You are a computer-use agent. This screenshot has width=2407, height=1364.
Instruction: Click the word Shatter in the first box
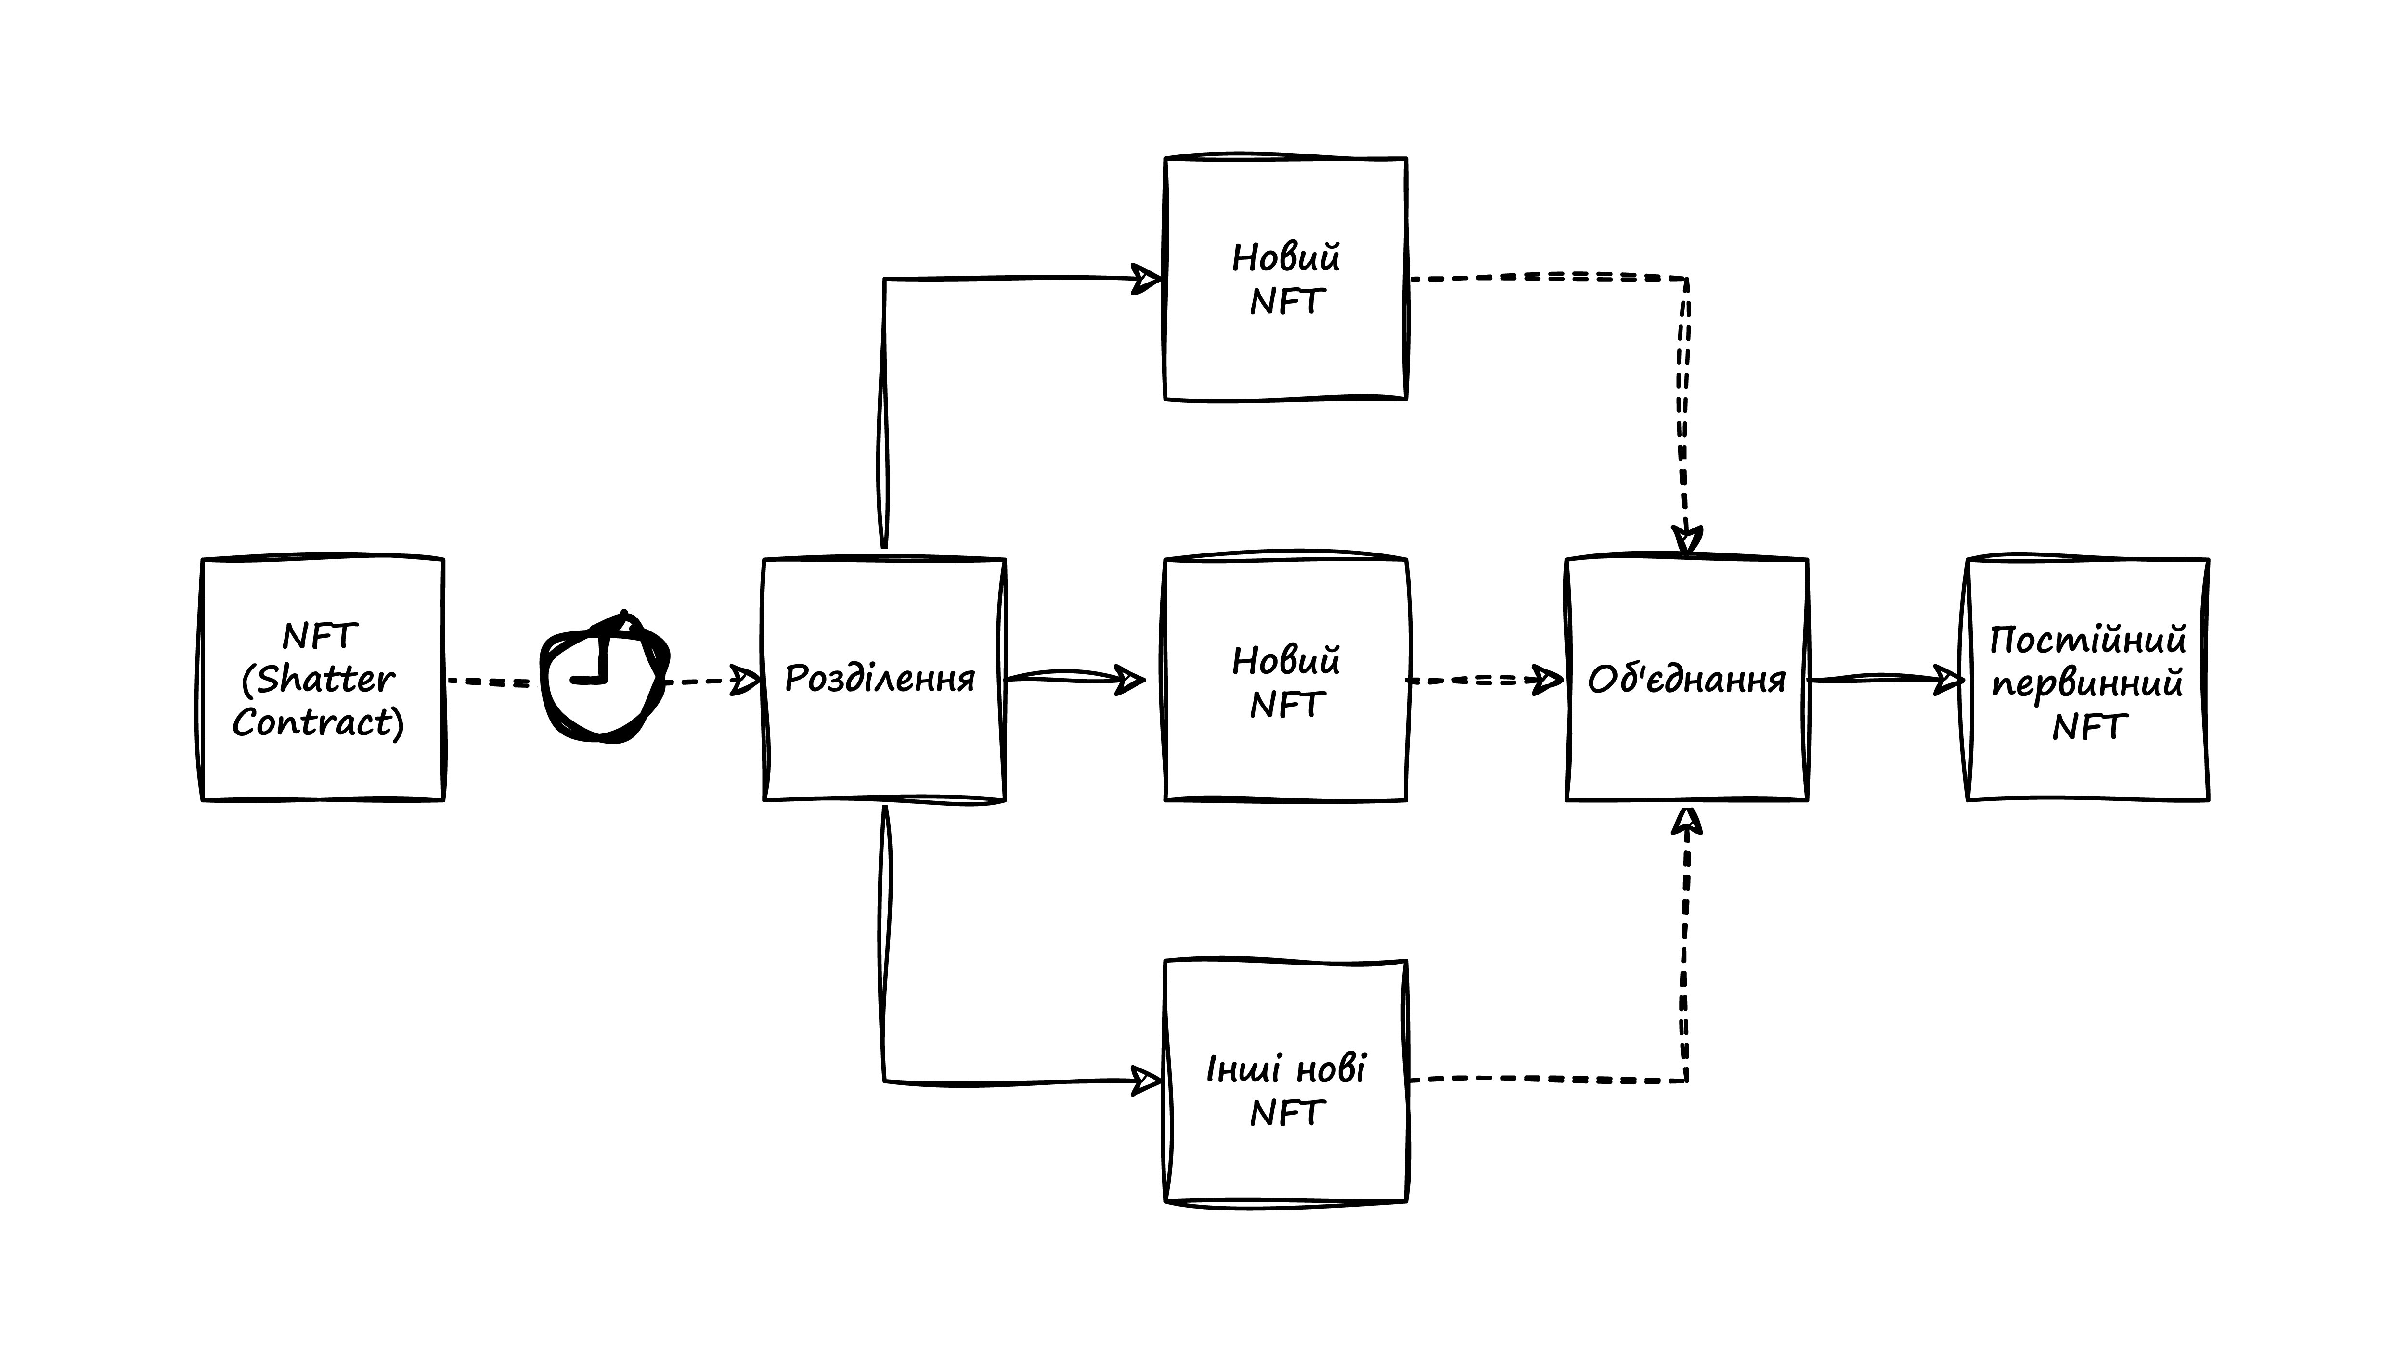[325, 679]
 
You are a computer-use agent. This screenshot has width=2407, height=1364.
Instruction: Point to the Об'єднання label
[1686, 679]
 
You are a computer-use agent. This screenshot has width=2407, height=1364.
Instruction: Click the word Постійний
[2087, 641]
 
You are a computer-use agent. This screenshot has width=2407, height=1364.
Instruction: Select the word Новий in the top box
[1285, 257]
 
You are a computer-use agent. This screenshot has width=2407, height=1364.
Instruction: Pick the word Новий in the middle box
[1285, 661]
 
